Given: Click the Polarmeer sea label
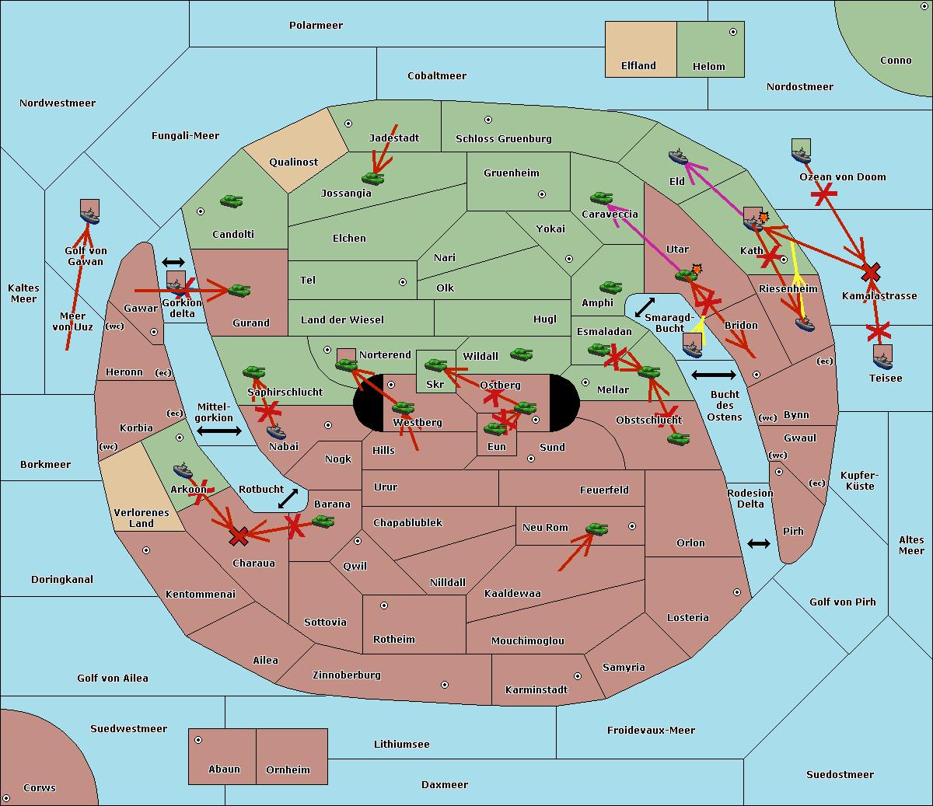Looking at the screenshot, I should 316,26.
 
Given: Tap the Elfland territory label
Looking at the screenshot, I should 638,66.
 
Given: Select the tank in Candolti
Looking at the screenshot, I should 231,201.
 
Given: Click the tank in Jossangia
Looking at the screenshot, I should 373,178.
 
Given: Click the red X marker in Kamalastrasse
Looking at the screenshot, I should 871,272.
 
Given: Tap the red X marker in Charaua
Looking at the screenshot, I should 239,536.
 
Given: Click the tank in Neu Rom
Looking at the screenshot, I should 596,529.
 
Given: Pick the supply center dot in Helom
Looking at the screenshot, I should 732,32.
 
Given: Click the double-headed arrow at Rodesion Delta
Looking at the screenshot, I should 759,543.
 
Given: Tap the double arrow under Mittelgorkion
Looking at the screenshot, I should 219,431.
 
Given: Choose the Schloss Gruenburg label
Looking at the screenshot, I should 503,139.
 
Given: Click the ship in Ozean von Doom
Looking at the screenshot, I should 802,152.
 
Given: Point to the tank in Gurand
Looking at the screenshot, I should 239,291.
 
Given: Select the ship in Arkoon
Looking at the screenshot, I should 183,469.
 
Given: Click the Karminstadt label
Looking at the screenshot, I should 536,690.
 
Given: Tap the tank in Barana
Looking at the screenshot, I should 323,521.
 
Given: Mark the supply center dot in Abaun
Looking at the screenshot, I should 198,740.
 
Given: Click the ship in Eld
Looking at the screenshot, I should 679,156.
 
